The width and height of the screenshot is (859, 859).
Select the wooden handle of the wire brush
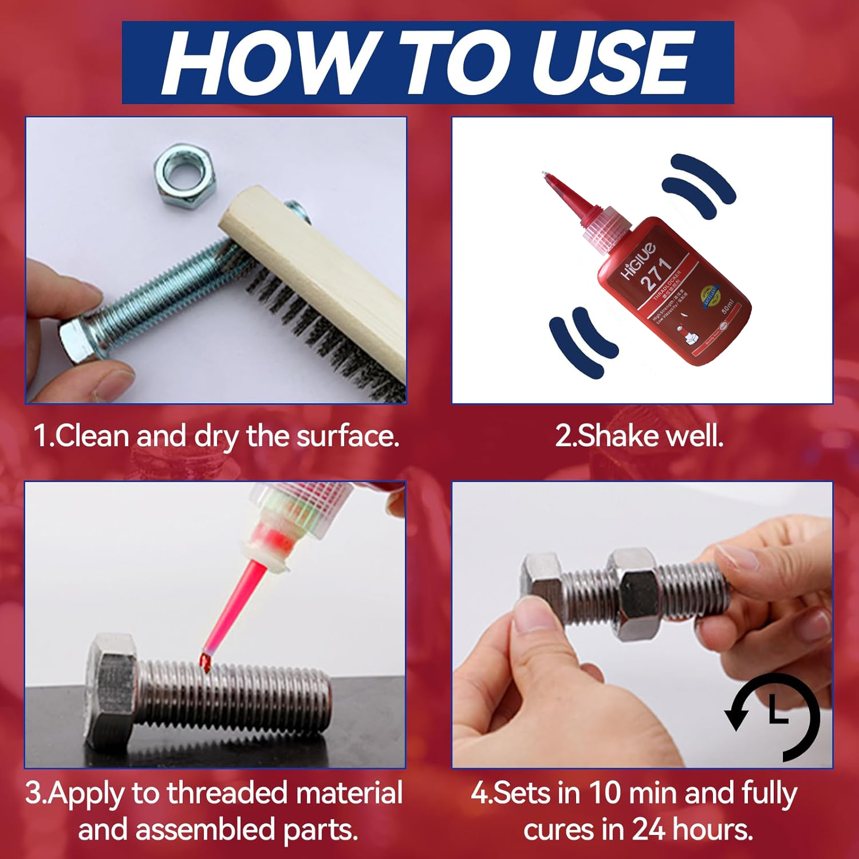tap(321, 258)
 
